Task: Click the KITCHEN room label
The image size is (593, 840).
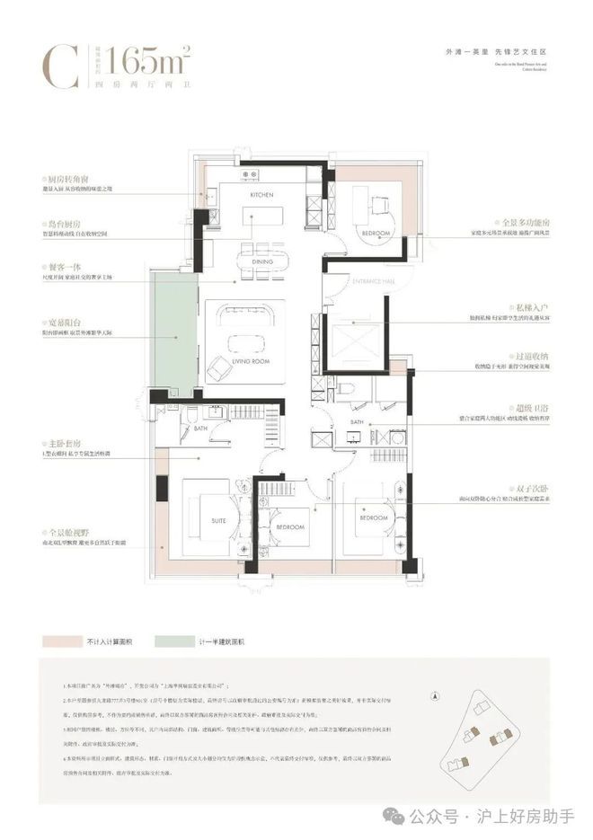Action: pos(261,195)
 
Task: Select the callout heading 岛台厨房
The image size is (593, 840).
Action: pos(60,224)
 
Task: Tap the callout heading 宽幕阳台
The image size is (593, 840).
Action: pos(60,321)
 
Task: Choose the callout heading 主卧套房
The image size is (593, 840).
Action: pos(60,444)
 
